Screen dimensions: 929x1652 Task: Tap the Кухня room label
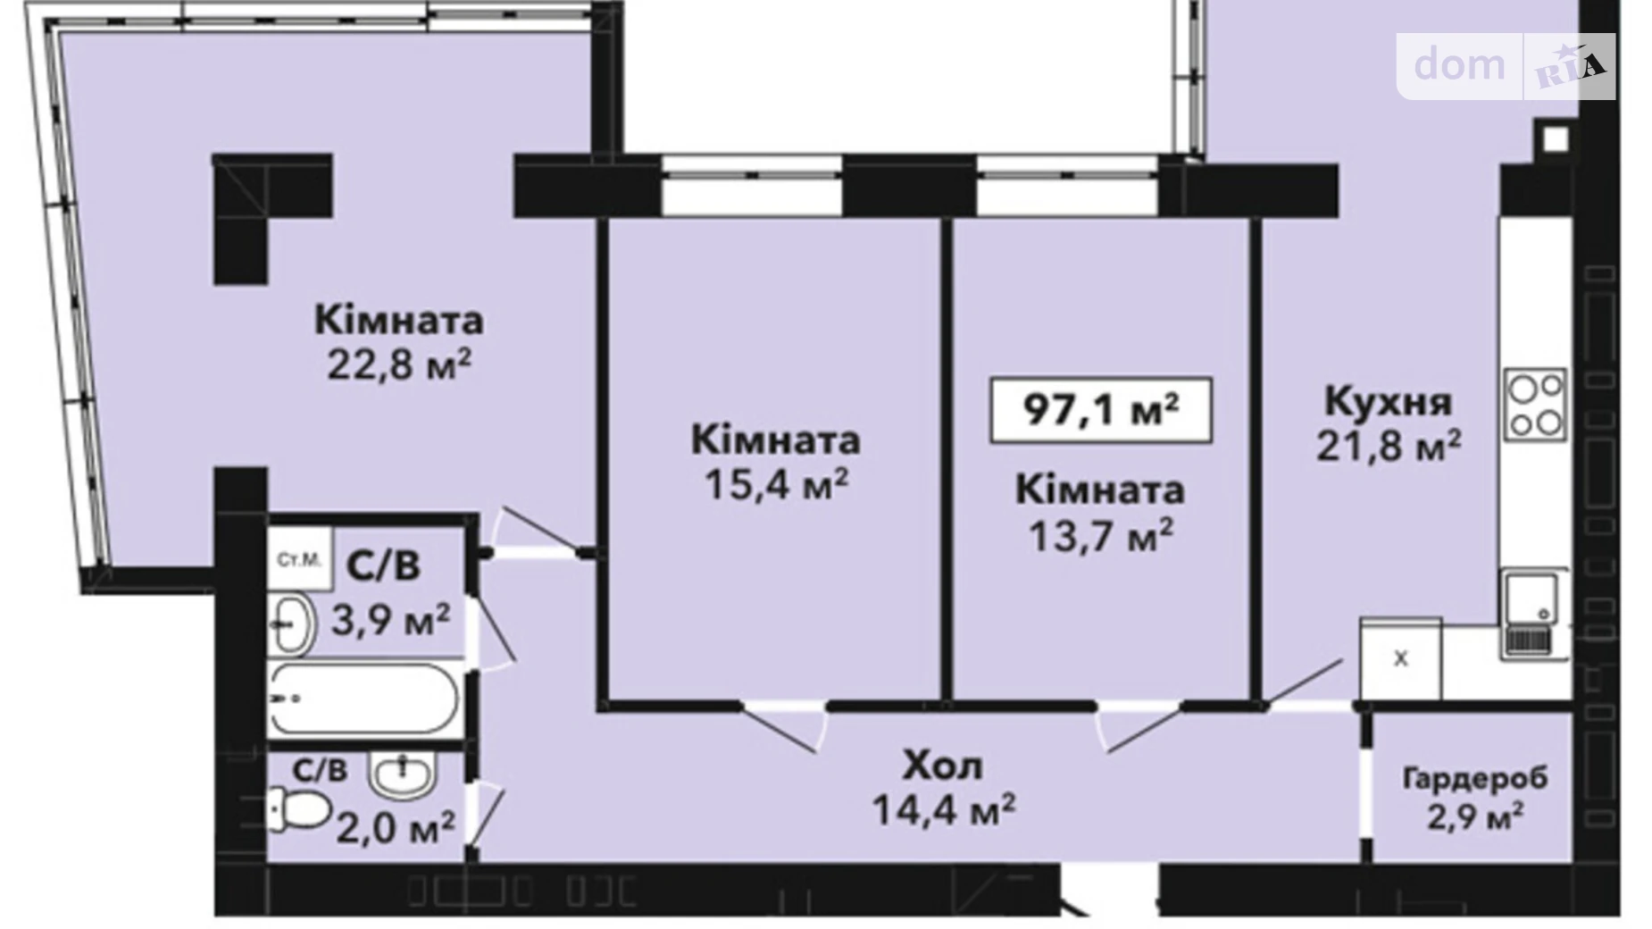click(1387, 401)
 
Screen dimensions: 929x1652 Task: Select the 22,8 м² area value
click(398, 364)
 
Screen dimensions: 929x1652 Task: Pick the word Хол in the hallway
click(942, 766)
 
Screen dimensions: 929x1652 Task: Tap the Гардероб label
click(1474, 778)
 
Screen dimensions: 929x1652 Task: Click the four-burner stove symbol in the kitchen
click(1535, 405)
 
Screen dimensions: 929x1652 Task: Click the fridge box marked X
click(1399, 659)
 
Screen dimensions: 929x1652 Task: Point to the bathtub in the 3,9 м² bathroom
click(364, 699)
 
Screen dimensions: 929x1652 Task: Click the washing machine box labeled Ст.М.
click(299, 560)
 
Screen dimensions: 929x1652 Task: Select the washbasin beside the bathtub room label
click(291, 624)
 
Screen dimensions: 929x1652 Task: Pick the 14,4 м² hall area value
click(942, 809)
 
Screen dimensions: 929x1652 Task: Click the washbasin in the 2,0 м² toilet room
click(402, 774)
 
